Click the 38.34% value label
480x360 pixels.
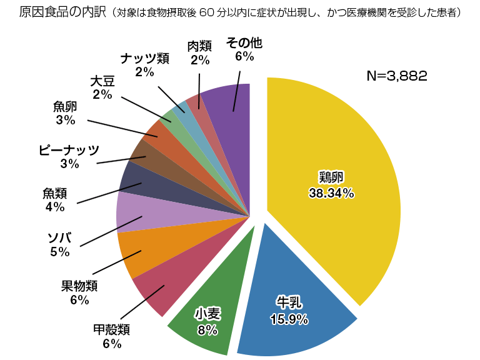331,193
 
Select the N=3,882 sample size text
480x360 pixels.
396,76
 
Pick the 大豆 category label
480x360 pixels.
102,81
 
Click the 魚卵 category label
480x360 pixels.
66,106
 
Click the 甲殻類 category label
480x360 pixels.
111,329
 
